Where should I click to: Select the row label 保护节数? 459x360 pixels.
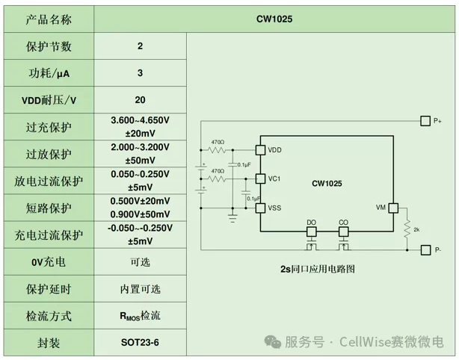[x=49, y=46]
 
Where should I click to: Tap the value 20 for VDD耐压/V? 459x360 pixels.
[x=140, y=99]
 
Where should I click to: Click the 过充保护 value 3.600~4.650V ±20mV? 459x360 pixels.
[x=140, y=126]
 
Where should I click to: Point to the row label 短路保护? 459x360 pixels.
[x=49, y=208]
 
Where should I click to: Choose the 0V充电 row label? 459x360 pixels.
[x=49, y=262]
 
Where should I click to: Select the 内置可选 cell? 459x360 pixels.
[x=140, y=288]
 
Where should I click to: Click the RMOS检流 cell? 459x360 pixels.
[x=140, y=315]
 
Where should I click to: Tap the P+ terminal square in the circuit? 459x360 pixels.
[x=425, y=120]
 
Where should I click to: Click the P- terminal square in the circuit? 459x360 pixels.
[x=425, y=249]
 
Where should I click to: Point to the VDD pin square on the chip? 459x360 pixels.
[x=260, y=149]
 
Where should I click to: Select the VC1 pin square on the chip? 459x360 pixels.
[x=260, y=179]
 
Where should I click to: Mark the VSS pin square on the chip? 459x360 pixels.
[x=260, y=208]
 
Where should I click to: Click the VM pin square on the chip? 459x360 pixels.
[x=392, y=208]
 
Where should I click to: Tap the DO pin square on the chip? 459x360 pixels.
[x=312, y=231]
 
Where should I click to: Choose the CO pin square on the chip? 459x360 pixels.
[x=343, y=231]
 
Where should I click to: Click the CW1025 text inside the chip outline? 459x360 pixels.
[x=327, y=183]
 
